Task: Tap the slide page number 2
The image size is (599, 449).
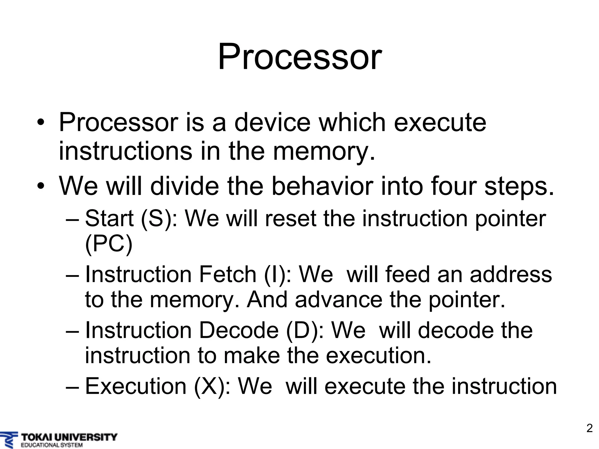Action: coord(590,428)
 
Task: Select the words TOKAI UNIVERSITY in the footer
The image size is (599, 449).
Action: coord(69,437)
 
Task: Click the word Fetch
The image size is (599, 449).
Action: coord(228,274)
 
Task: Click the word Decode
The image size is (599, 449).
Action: coord(239,331)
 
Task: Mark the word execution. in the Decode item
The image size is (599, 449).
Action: coord(378,355)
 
